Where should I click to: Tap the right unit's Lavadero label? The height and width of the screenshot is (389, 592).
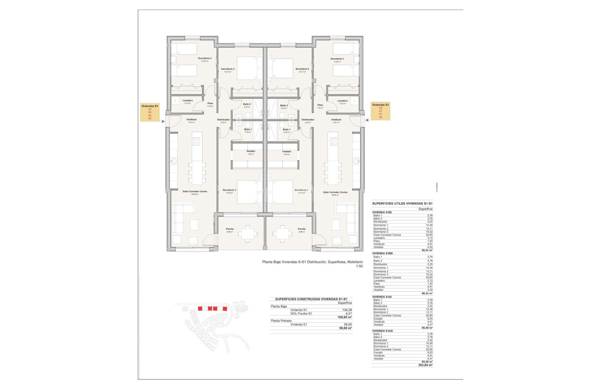point(343,101)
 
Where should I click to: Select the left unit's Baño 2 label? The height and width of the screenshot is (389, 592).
point(246,105)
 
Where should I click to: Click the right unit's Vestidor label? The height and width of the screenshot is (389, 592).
point(287,151)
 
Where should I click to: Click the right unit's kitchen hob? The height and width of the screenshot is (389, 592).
point(334,141)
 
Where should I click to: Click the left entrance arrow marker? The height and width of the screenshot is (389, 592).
point(163,120)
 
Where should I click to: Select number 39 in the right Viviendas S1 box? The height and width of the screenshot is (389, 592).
point(380,108)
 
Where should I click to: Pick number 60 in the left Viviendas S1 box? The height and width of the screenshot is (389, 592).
point(150,119)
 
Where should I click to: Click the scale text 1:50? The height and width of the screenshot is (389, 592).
point(359,266)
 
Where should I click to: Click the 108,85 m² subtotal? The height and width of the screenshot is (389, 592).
point(345,317)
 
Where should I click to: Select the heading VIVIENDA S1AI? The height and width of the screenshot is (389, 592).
point(382,297)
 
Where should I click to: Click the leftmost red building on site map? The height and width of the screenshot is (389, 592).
point(200,308)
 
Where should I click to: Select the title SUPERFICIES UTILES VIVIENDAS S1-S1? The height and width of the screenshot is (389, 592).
point(402,203)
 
